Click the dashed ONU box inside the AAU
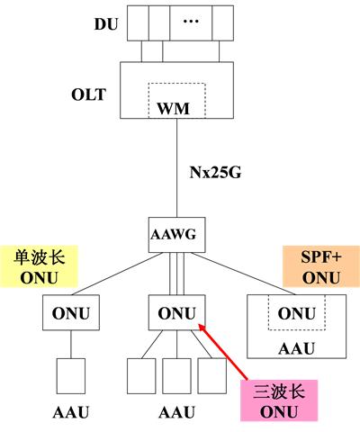point(296,314)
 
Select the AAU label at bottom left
point(67,416)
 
